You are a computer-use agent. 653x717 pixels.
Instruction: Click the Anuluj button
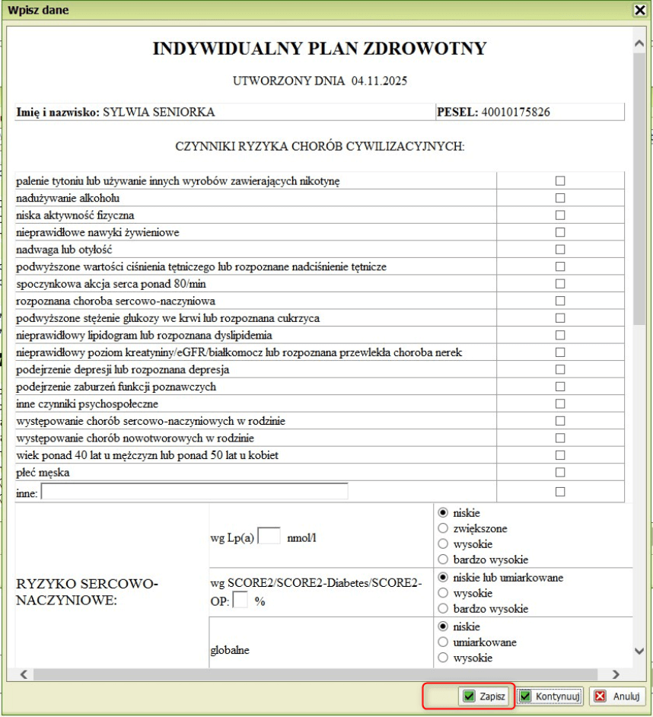pyautogui.click(x=617, y=696)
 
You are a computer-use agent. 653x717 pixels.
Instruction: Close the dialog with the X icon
pyautogui.click(x=640, y=11)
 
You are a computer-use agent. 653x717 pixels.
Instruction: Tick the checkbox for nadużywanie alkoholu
pyautogui.click(x=560, y=198)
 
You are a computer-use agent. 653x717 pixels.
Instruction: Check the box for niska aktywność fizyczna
pyautogui.click(x=560, y=215)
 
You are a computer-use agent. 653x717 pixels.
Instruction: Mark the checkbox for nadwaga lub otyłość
pyautogui.click(x=560, y=249)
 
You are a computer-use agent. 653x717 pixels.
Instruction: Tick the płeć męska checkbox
pyautogui.click(x=560, y=473)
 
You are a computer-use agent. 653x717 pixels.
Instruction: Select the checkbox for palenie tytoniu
pyautogui.click(x=560, y=180)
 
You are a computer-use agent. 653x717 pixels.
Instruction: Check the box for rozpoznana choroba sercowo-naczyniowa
pyautogui.click(x=560, y=301)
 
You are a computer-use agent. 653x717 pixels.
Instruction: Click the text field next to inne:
pyautogui.click(x=194, y=492)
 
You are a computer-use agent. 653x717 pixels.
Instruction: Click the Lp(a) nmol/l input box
pyautogui.click(x=269, y=536)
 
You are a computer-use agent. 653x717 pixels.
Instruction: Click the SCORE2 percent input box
pyautogui.click(x=240, y=601)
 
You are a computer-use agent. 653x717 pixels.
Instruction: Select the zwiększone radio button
pyautogui.click(x=442, y=528)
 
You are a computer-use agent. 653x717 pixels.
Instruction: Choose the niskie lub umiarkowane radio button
pyautogui.click(x=442, y=578)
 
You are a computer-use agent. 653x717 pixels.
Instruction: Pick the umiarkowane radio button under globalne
pyautogui.click(x=442, y=642)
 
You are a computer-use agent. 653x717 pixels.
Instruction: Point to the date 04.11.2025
pyautogui.click(x=381, y=80)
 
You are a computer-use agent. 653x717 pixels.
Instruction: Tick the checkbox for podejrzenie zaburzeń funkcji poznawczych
pyautogui.click(x=560, y=387)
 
